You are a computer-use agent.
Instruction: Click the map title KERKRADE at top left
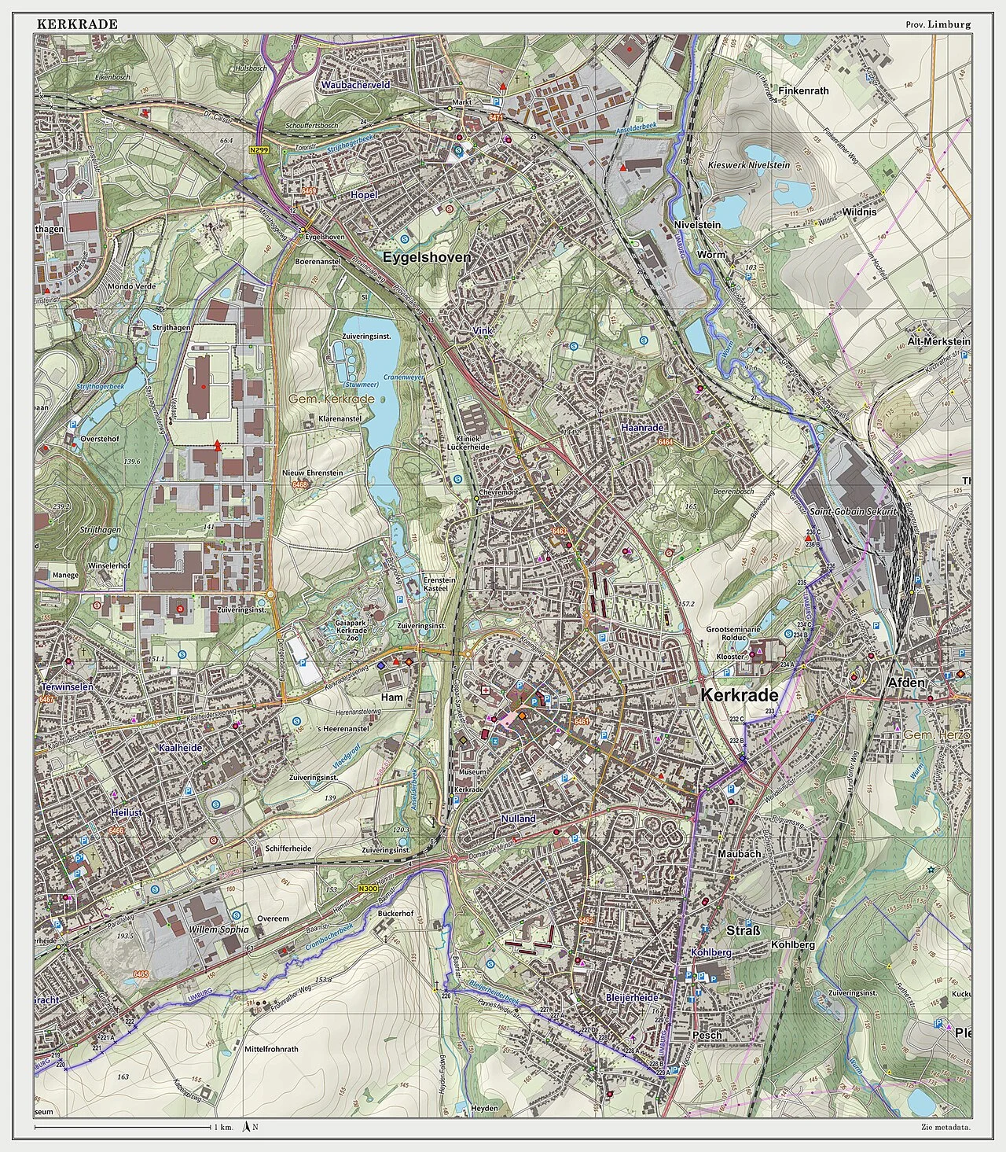(77, 24)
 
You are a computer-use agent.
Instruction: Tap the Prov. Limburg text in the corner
(938, 24)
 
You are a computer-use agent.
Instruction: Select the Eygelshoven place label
(427, 257)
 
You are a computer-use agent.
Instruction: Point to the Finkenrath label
(803, 90)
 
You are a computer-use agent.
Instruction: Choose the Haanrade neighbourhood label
(642, 427)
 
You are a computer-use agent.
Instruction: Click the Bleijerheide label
(632, 997)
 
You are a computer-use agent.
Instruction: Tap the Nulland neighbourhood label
(518, 819)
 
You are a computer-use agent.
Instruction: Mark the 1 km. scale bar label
(223, 1128)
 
